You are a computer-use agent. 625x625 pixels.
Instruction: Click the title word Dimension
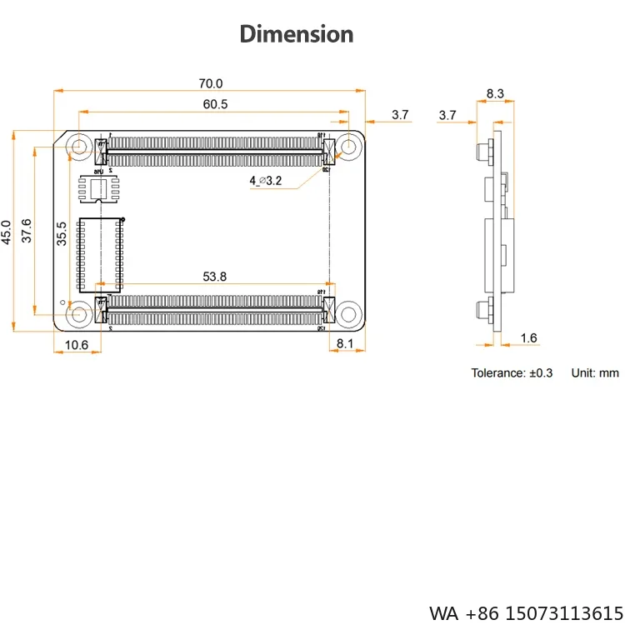point(297,34)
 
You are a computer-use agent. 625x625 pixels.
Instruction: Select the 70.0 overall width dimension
point(211,83)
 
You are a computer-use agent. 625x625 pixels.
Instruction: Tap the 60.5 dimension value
point(215,104)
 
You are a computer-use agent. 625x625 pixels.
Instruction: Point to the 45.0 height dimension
point(7,231)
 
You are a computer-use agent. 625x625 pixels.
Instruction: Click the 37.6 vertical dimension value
point(27,231)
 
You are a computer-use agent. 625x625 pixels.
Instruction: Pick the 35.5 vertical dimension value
point(61,233)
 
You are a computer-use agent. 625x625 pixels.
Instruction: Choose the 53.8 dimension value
point(215,277)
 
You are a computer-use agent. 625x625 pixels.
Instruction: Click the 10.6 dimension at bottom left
point(76,345)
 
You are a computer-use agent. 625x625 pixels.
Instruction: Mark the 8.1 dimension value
point(346,343)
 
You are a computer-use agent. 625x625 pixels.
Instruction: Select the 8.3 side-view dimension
point(495,94)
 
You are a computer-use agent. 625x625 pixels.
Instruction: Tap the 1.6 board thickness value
point(528,337)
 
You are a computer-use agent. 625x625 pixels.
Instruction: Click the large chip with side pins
point(101,249)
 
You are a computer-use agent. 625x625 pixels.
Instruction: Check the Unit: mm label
point(595,372)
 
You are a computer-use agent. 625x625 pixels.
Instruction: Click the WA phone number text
point(527,612)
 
